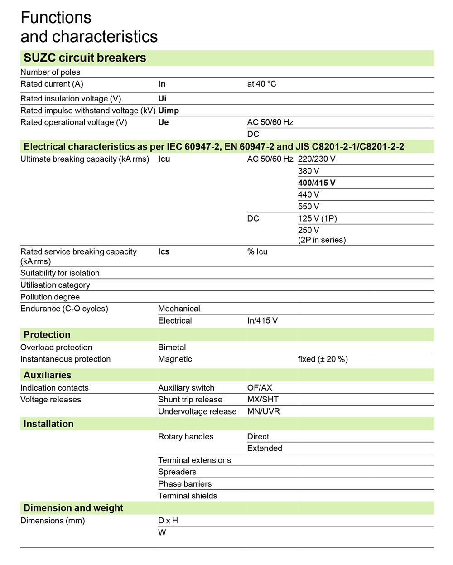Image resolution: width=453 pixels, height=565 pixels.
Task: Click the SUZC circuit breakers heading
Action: (x=85, y=58)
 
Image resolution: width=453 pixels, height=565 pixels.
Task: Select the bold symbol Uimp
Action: (x=169, y=111)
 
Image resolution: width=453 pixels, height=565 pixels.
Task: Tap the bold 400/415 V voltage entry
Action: (x=317, y=183)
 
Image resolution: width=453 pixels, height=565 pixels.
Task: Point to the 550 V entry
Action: (x=308, y=207)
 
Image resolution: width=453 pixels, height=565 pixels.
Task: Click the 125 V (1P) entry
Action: (x=317, y=218)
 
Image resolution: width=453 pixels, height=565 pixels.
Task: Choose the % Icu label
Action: (x=257, y=251)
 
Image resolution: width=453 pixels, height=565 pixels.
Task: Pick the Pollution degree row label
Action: (x=50, y=297)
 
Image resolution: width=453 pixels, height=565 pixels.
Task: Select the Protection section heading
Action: (x=47, y=335)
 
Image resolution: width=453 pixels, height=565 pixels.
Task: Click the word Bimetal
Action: (x=172, y=348)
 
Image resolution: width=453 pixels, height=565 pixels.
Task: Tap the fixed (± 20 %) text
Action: (x=323, y=359)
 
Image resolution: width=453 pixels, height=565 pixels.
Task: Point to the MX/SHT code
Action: (x=263, y=400)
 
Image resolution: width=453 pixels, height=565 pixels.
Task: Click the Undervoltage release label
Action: (x=197, y=411)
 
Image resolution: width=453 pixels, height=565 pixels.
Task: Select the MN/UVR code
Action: (x=263, y=411)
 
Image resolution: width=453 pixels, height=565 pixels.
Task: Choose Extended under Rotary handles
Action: (x=265, y=448)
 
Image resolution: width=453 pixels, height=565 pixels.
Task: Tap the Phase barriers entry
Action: (x=185, y=484)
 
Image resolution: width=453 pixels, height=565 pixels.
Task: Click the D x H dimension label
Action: (x=168, y=521)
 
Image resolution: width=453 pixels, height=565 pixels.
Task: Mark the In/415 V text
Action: (x=262, y=321)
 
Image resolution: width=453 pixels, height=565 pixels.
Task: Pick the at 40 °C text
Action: (x=261, y=84)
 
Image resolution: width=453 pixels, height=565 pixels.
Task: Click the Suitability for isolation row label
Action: (x=60, y=273)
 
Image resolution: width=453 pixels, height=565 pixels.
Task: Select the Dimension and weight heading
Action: (x=73, y=508)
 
